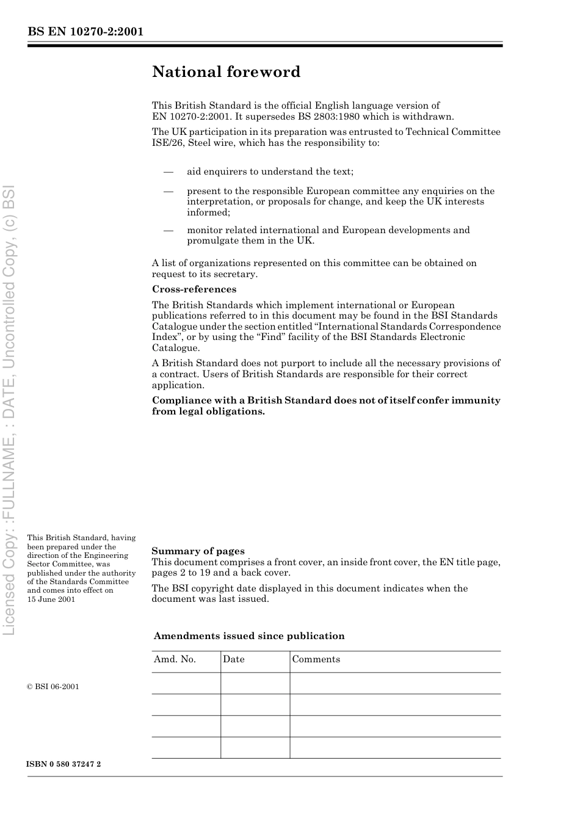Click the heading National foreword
pos(227,72)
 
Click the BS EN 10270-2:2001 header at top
pos(85,32)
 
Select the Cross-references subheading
pos(194,289)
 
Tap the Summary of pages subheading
pos(198,551)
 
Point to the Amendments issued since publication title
pos(249,636)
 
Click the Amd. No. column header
pos(175,659)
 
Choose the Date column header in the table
pos(234,659)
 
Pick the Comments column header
pos(316,659)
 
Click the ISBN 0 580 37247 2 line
pos(64,764)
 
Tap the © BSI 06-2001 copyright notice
pos(53,687)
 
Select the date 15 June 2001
pos(51,599)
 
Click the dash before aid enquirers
pos(169,172)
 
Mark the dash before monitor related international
pos(169,230)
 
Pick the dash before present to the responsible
pos(169,191)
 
